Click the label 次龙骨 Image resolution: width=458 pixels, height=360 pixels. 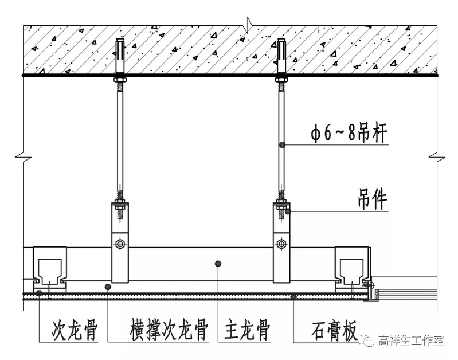(75, 331)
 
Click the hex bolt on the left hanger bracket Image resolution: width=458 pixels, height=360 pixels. (119, 244)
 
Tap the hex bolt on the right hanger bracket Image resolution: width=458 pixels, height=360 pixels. (281, 244)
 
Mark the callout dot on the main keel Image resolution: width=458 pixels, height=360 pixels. (218, 263)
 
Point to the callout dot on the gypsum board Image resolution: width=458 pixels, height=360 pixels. (293, 296)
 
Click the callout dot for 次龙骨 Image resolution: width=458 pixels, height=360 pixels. (39, 294)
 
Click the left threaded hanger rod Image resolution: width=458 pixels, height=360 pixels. (119, 138)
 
